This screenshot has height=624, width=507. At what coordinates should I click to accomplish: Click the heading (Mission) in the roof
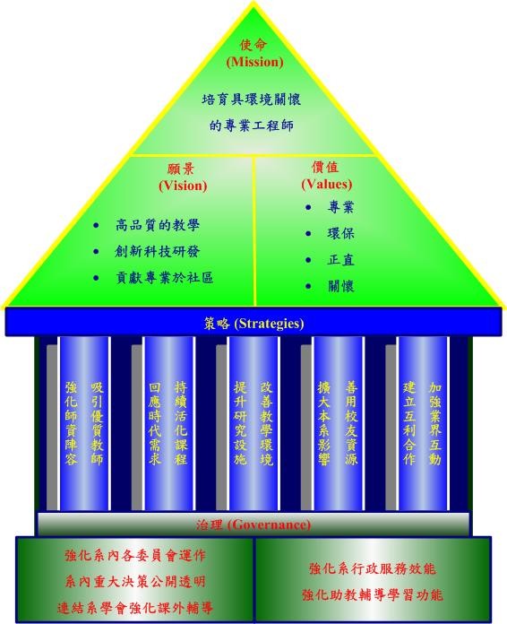tap(255, 62)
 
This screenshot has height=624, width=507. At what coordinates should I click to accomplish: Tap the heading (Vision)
tap(183, 186)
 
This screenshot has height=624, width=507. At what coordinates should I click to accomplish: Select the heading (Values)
tap(326, 185)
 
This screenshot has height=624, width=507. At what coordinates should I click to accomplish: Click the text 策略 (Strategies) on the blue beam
tap(253, 323)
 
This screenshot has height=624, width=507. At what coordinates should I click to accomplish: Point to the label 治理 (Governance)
tap(253, 524)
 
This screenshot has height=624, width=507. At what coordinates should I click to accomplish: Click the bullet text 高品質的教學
tap(158, 225)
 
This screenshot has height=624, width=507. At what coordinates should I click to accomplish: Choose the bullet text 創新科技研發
tap(158, 252)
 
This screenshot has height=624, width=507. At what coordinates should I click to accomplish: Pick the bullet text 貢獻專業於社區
tap(164, 278)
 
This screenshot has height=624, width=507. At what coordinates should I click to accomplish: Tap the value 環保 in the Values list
tap(340, 233)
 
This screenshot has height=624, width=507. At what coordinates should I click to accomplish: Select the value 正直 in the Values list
tap(340, 260)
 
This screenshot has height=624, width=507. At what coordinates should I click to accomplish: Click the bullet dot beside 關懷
tap(308, 286)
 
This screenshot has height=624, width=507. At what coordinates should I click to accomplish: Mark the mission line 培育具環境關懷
tap(252, 100)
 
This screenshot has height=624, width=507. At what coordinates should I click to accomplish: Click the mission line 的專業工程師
tap(252, 126)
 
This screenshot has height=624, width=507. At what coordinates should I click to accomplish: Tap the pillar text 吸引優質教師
tap(97, 423)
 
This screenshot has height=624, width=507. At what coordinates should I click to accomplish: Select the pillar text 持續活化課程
tap(181, 423)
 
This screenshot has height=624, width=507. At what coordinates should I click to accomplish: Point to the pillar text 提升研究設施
tap(240, 423)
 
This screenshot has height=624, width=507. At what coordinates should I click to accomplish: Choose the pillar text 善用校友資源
tap(351, 423)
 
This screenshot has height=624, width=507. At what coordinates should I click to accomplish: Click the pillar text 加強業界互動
tap(435, 423)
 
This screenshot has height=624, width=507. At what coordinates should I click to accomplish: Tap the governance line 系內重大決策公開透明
tap(135, 582)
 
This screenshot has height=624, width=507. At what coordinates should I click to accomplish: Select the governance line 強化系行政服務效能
tap(373, 568)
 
